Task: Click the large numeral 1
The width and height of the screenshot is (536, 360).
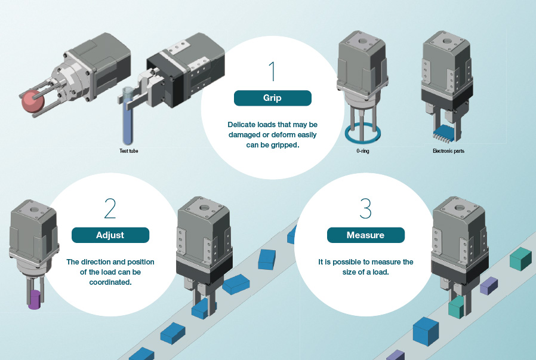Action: tap(272, 70)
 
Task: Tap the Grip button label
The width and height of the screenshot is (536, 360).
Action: tap(272, 98)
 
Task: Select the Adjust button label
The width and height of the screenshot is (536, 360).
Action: tap(110, 235)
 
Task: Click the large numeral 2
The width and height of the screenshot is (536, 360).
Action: tap(110, 208)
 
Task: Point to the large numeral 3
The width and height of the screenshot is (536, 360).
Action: tap(365, 208)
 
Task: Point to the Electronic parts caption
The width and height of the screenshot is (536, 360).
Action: tap(448, 152)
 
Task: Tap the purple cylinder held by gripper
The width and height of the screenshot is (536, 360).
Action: tap(35, 299)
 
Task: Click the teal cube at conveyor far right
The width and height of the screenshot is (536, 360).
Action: tap(520, 259)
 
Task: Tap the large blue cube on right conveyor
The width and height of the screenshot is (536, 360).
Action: tap(426, 331)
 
